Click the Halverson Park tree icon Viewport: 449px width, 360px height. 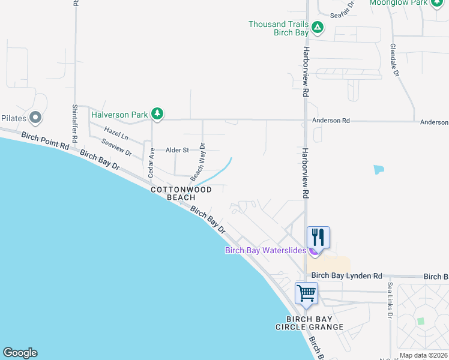click(157, 113)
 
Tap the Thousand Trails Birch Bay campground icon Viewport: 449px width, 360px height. click(318, 28)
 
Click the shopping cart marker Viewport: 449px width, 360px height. click(306, 293)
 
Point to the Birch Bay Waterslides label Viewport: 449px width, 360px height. click(265, 250)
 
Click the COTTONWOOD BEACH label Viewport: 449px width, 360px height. click(181, 193)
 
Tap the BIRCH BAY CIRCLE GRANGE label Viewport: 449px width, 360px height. click(309, 323)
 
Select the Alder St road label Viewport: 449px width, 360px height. click(177, 150)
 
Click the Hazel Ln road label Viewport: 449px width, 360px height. click(116, 133)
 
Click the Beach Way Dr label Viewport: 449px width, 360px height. click(197, 162)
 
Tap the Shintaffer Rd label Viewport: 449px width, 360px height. click(75, 123)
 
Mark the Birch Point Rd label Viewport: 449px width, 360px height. click(45, 145)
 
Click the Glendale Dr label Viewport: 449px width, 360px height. click(394, 59)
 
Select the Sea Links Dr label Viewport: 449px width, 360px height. click(390, 299)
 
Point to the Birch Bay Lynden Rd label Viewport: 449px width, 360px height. click(346, 276)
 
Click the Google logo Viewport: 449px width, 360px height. click(20, 353)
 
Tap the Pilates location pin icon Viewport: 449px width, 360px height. click(35, 118)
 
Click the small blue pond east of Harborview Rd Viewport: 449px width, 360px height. click(378, 169)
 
